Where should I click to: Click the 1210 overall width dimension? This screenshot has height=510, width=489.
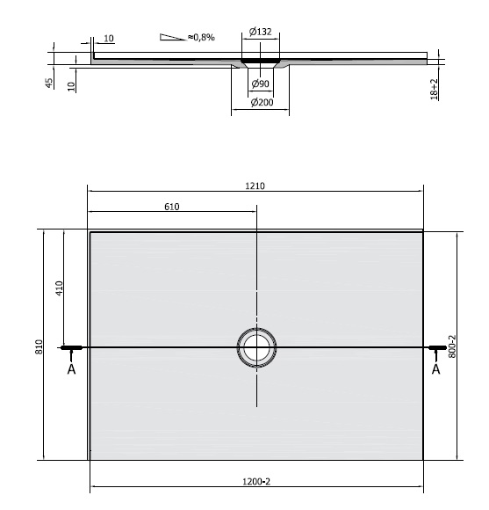tap(256, 186)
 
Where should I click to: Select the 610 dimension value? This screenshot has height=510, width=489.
tap(171, 207)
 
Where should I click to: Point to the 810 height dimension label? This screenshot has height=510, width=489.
tap(39, 346)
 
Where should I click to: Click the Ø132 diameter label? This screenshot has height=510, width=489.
tap(259, 33)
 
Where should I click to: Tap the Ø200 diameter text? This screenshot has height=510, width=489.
tap(260, 103)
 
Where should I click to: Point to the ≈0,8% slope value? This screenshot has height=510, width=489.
tap(201, 37)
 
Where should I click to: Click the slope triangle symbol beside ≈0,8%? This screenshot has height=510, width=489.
tap(171, 37)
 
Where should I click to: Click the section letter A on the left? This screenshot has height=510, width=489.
tap(70, 369)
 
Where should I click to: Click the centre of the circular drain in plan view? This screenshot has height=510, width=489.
tap(256, 347)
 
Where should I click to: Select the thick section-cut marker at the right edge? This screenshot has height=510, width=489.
tap(435, 348)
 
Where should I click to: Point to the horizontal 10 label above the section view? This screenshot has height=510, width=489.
tap(108, 39)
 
